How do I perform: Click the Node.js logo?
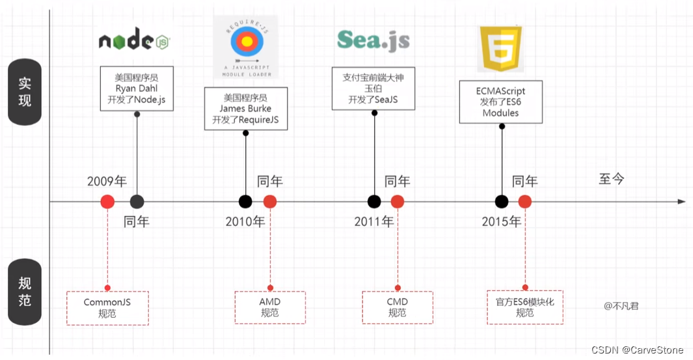(135, 41)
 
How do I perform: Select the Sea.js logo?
(374, 40)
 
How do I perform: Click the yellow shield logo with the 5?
(501, 49)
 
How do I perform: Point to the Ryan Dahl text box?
(137, 89)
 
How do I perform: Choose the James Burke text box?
(245, 108)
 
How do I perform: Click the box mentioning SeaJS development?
(374, 89)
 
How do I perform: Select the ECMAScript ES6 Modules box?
(500, 102)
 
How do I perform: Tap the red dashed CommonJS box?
(107, 308)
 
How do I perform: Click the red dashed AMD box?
(269, 308)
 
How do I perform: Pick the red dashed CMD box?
(397, 308)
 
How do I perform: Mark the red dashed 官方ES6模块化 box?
(524, 308)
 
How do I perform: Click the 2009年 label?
(107, 181)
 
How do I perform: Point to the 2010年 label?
(245, 222)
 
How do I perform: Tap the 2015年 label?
(501, 222)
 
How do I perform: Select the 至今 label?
(611, 179)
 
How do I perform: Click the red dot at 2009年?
(107, 202)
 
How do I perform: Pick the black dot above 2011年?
(374, 202)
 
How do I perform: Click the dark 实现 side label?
(25, 92)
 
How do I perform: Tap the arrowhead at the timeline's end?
(681, 202)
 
